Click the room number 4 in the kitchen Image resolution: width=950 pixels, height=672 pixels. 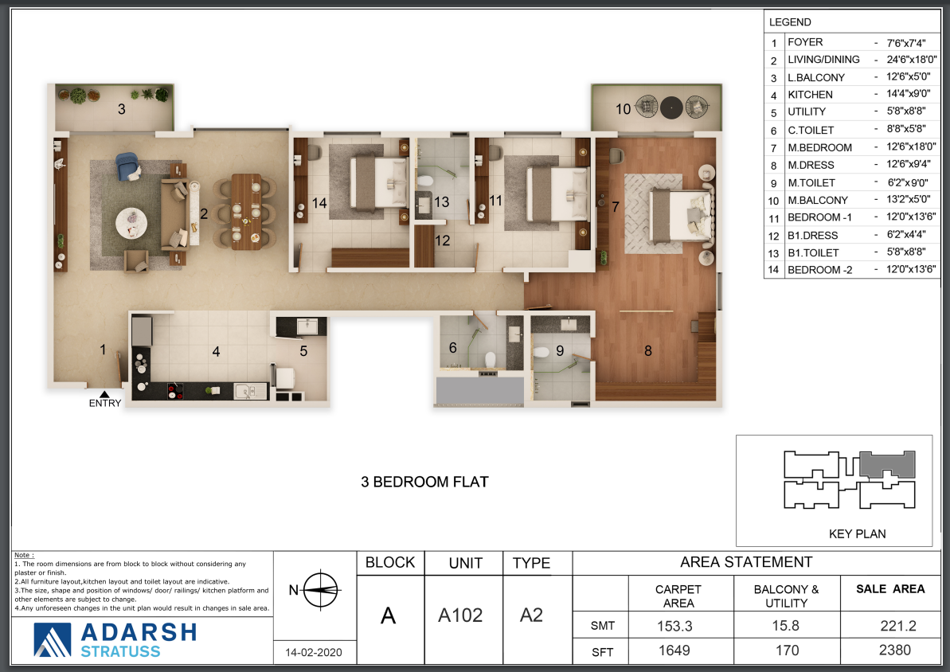click(216, 351)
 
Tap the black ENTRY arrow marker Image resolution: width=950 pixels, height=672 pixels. click(105, 394)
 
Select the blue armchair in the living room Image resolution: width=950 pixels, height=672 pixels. click(128, 166)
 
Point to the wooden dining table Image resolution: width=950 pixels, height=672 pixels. click(246, 212)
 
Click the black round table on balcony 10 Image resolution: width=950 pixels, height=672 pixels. click(671, 107)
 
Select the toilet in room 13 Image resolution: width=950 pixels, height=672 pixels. click(425, 182)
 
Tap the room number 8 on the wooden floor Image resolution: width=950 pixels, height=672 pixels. click(647, 350)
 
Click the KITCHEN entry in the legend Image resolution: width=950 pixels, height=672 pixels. click(810, 95)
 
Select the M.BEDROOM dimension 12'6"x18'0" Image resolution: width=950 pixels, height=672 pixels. click(911, 147)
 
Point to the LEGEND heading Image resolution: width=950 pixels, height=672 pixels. click(790, 22)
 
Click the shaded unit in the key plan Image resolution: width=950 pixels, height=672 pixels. click(888, 465)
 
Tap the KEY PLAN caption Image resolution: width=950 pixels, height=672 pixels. click(858, 533)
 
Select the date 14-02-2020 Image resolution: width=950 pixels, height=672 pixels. click(314, 653)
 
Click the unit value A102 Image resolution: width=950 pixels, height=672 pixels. click(460, 615)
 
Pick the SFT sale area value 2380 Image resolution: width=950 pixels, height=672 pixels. click(895, 651)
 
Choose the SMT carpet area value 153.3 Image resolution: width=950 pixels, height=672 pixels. click(674, 626)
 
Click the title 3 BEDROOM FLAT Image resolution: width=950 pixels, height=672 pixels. click(424, 482)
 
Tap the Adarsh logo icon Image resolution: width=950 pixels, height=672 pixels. click(52, 640)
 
